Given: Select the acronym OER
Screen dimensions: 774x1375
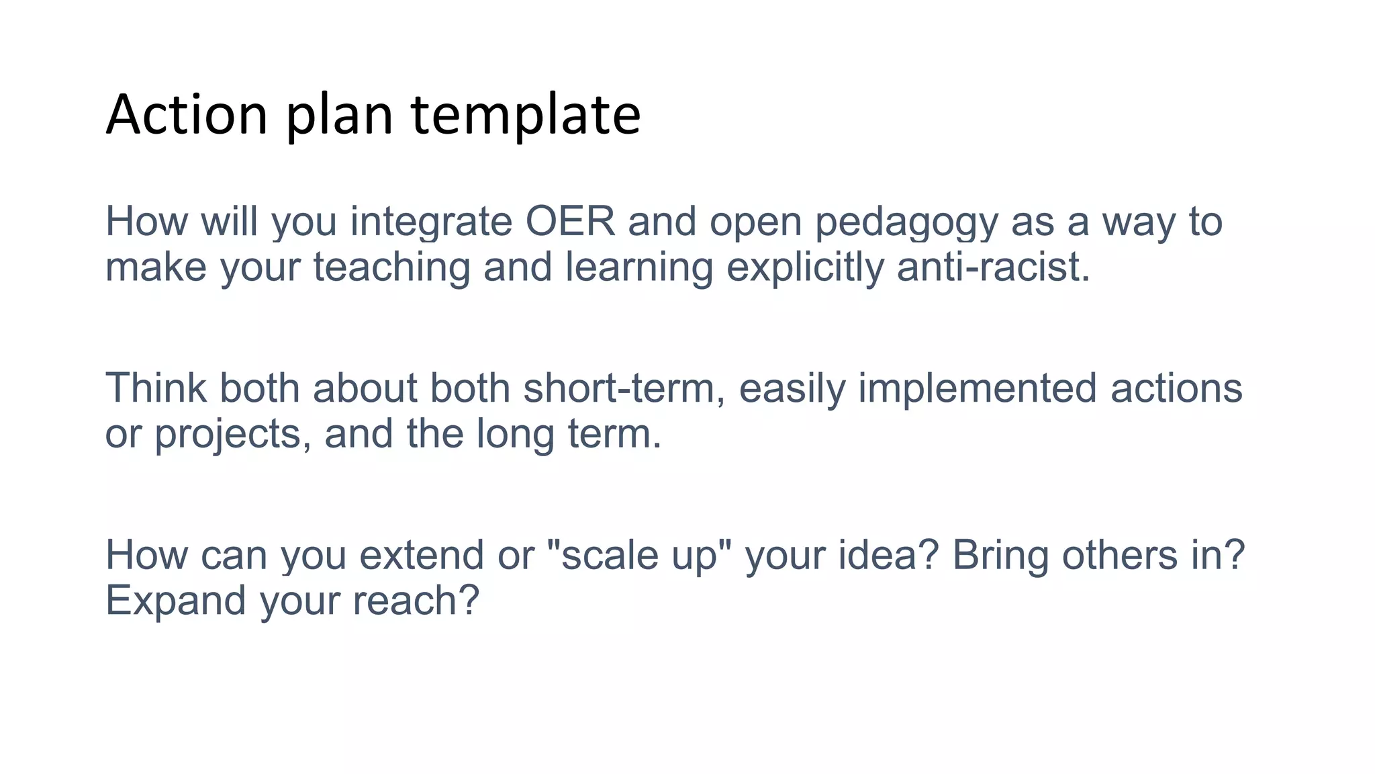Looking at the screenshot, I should (570, 222).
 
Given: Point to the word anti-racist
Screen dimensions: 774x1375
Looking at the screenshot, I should (992, 267).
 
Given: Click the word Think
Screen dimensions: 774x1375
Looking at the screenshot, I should (156, 388).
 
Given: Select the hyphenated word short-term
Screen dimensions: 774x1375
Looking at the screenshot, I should (624, 388).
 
